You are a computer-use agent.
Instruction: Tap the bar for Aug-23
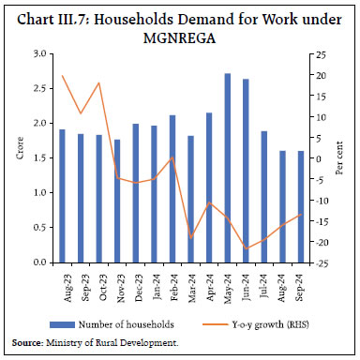(x=62, y=196)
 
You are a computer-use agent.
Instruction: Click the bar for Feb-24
(x=172, y=188)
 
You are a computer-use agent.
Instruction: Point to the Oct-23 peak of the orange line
(x=99, y=83)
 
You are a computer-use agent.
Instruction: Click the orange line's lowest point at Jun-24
(x=246, y=248)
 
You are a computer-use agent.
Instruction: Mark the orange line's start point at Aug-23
(x=62, y=75)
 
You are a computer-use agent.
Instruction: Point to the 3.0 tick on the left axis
(x=44, y=54)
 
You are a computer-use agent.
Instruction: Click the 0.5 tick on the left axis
(x=44, y=228)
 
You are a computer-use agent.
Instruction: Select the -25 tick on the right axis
(x=321, y=262)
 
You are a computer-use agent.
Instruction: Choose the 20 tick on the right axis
(x=321, y=75)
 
